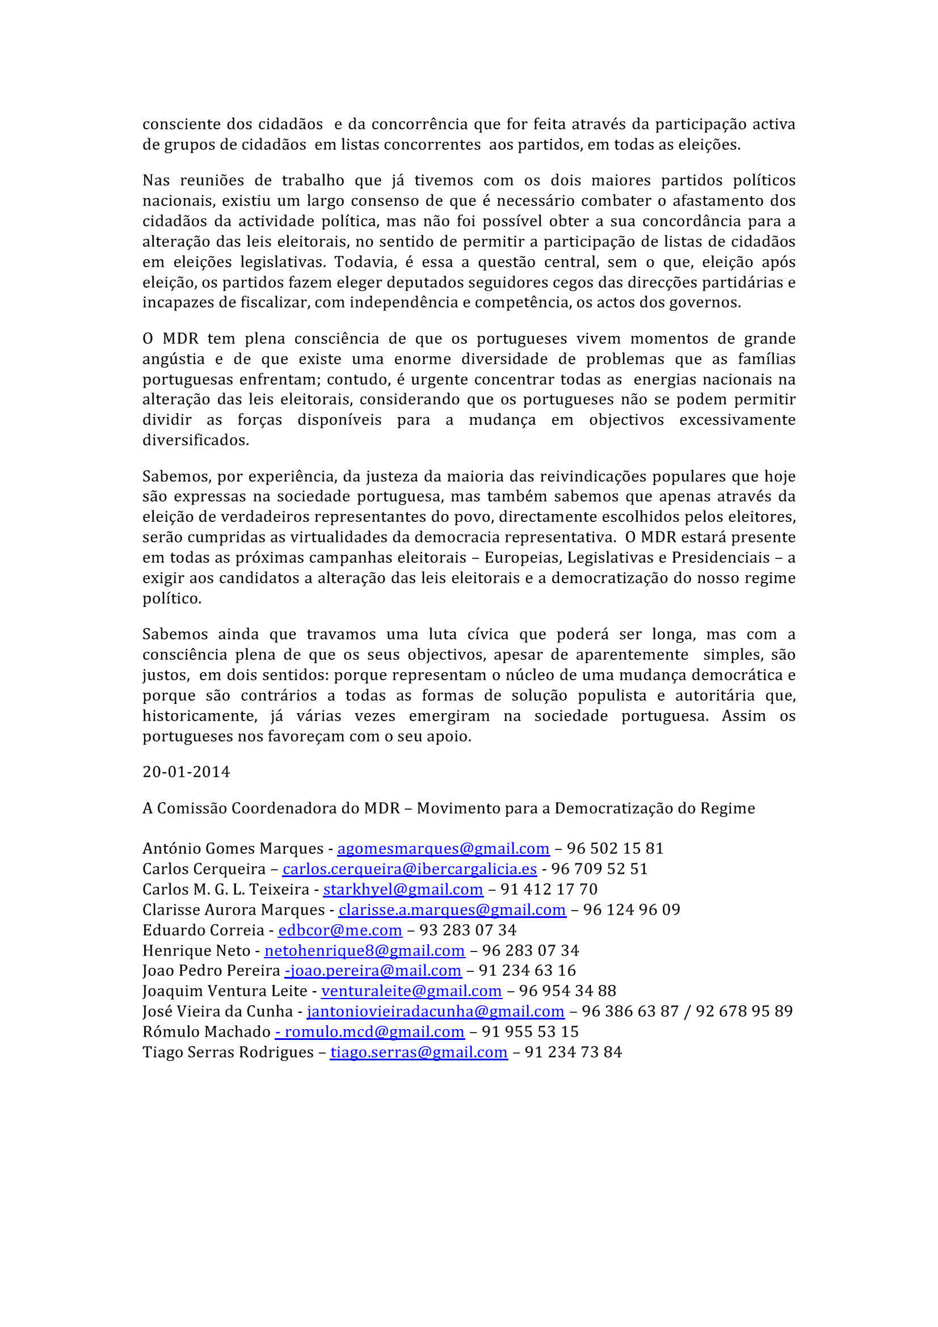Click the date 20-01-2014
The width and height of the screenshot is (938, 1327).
(186, 772)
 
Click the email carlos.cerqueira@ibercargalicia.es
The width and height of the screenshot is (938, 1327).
(409, 869)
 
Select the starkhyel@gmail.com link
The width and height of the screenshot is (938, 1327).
(403, 889)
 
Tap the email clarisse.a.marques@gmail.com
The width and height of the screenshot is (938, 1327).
(452, 909)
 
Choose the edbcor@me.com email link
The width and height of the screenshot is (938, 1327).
(340, 930)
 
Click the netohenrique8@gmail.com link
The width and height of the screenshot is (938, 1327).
(364, 950)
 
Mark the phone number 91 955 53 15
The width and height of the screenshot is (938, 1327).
(530, 1031)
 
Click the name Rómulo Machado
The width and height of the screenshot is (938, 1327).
(207, 1031)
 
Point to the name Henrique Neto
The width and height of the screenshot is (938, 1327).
(196, 950)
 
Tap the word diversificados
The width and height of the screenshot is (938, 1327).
(195, 440)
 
